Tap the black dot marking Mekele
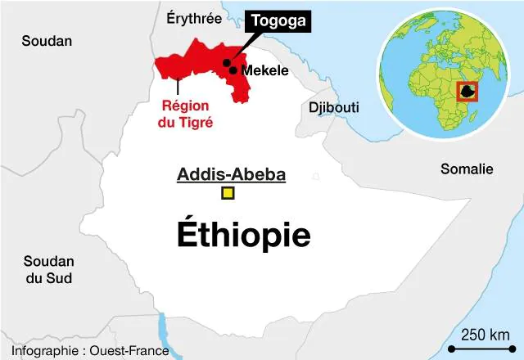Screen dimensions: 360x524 click(x=233, y=70)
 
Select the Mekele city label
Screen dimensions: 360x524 click(x=264, y=70)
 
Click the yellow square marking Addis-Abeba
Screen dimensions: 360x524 click(x=228, y=193)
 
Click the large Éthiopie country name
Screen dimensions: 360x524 click(x=243, y=235)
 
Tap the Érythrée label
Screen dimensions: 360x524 click(x=193, y=17)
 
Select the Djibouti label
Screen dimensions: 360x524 click(x=333, y=107)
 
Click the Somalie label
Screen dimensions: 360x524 click(x=467, y=169)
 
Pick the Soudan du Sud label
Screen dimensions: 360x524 click(x=47, y=270)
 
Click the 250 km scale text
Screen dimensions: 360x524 click(x=485, y=335)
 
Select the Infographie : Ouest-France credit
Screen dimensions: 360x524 click(x=90, y=351)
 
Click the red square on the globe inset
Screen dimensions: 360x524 click(x=467, y=92)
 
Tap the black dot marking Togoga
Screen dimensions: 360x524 click(x=226, y=62)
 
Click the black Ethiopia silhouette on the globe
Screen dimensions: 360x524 click(x=468, y=92)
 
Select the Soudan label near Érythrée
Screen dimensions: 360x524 click(x=47, y=41)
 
